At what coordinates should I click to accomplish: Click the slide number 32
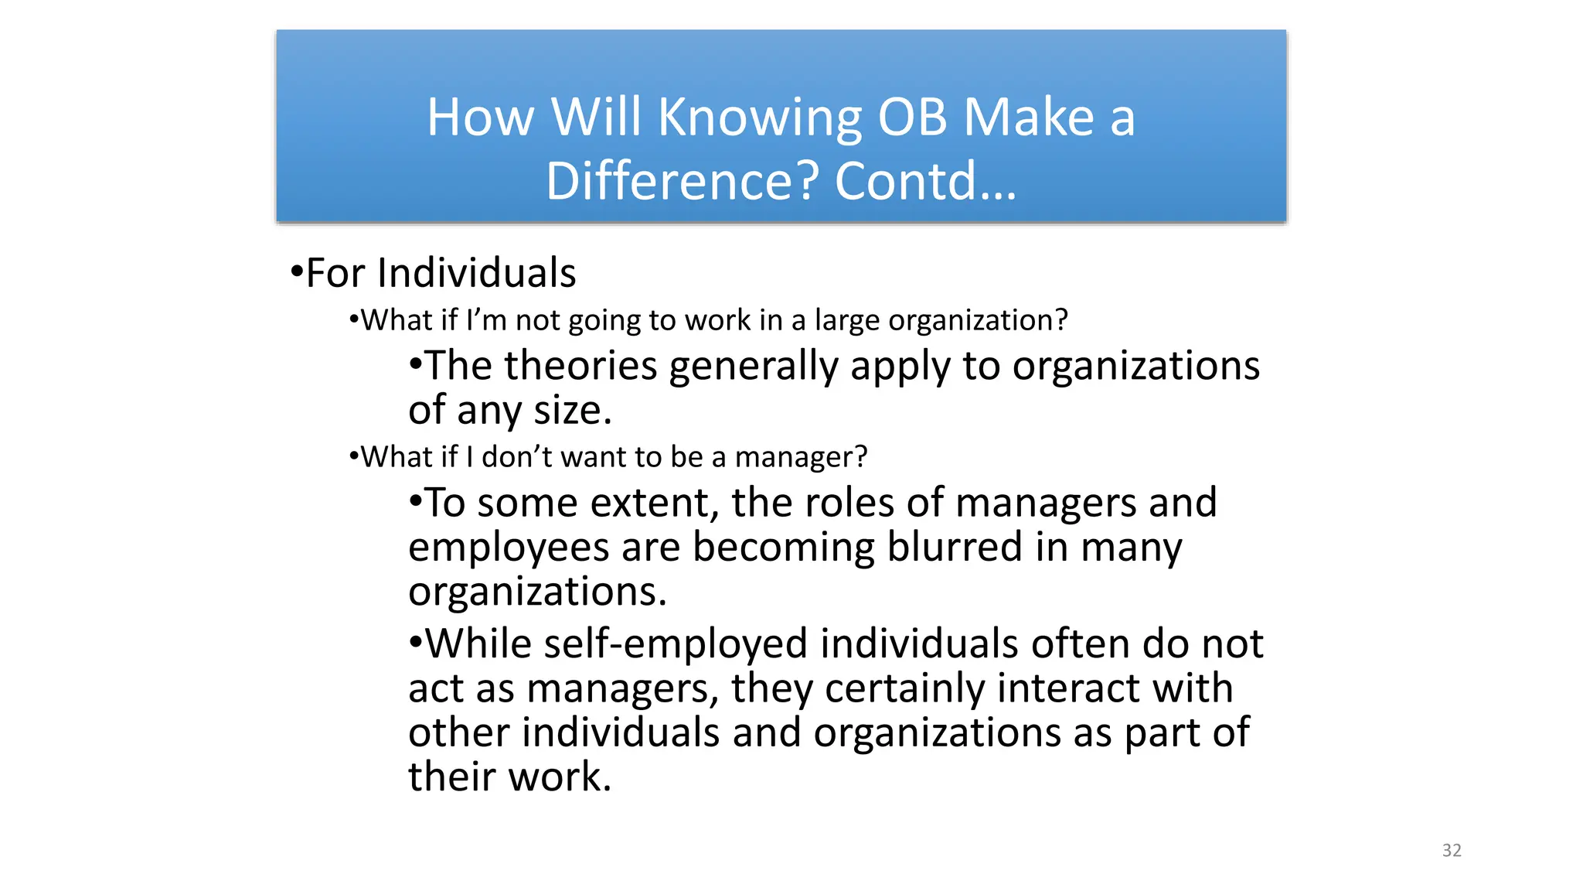point(1451,850)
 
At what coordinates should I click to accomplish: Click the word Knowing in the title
point(759,118)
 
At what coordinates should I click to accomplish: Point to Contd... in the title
point(925,182)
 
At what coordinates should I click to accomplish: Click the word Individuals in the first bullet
point(476,273)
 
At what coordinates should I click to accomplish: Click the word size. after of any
point(572,411)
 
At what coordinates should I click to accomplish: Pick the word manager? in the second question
point(801,457)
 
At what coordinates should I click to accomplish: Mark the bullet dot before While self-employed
point(416,643)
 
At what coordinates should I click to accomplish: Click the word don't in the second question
point(517,457)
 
